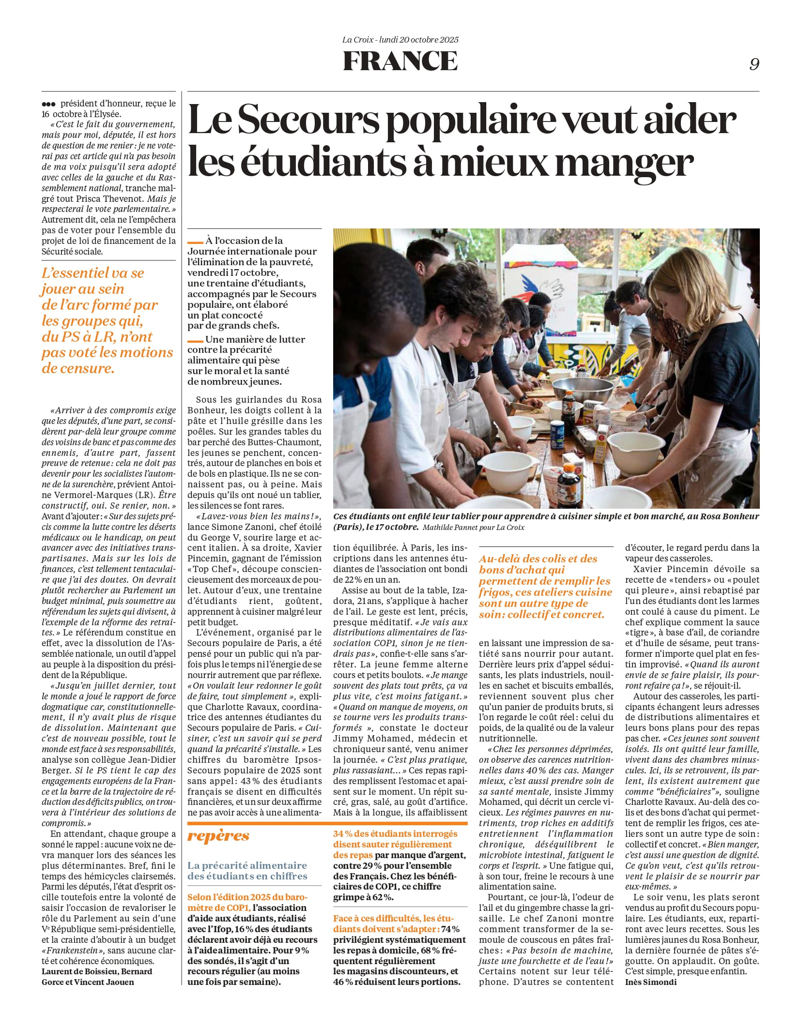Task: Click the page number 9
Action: pos(754,64)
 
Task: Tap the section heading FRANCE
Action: pos(400,61)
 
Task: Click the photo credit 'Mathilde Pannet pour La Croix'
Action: pos(473,527)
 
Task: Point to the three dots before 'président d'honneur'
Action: pos(48,104)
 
